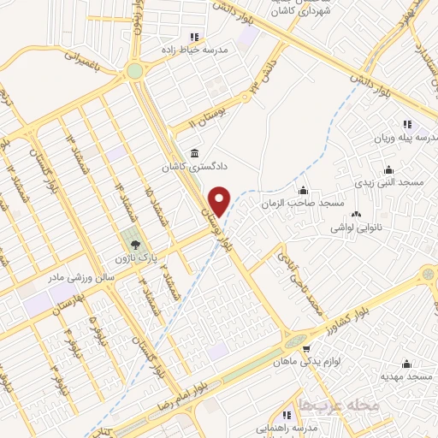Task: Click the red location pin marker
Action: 220,200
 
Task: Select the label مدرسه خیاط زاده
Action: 196,50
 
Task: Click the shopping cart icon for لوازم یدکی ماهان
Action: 306,348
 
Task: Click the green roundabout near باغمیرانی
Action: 135,71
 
